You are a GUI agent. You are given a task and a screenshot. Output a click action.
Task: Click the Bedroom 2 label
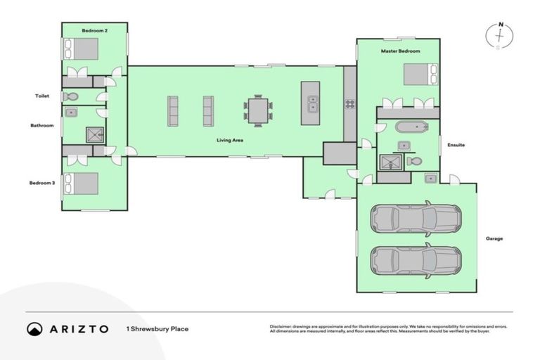[94, 31]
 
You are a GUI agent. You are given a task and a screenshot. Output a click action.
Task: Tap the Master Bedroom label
[400, 51]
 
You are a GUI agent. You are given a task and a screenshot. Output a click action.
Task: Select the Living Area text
[230, 141]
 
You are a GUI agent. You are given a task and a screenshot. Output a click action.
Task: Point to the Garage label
[494, 238]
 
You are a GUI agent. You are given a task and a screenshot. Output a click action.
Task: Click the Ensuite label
[456, 145]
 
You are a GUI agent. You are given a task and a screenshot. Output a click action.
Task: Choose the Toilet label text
[43, 96]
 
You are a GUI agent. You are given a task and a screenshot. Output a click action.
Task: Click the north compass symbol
[500, 36]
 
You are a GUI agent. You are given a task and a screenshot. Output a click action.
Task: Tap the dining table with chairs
[258, 110]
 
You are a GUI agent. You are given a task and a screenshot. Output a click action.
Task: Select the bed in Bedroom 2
[82, 49]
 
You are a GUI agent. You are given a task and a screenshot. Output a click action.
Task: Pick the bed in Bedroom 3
[82, 183]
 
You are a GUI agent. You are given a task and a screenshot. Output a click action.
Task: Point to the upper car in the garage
[416, 219]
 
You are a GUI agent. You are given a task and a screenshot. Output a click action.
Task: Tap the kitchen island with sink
[310, 104]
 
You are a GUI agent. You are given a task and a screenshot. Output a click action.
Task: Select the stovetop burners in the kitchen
[349, 104]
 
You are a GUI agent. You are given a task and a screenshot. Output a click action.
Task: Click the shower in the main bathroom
[94, 134]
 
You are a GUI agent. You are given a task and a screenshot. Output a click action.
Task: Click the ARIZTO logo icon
[34, 329]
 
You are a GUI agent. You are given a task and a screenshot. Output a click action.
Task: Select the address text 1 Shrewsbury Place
[157, 329]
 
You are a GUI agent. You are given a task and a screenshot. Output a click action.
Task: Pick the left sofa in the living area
[173, 111]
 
